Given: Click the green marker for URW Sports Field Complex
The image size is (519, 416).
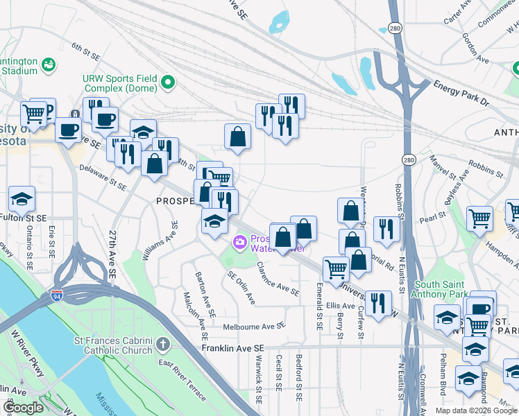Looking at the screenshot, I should point(167,84).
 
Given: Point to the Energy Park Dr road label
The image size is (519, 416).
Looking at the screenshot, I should point(461,93).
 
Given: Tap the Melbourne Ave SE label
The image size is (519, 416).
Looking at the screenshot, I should point(254,326).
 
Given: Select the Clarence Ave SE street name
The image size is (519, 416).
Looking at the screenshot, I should point(278,278).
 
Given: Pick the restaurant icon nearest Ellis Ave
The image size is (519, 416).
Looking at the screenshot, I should point(377,303).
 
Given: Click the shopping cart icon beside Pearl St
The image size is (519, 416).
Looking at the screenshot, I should point(479,219).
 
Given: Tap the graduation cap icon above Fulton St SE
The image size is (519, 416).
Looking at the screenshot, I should point(22,199).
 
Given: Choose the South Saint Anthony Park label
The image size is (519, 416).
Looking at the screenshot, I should point(444,290).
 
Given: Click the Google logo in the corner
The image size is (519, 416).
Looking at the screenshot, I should point(24,408).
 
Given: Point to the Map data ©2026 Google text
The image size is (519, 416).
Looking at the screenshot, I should point(476,410).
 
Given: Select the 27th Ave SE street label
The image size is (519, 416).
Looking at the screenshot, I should point(112,255).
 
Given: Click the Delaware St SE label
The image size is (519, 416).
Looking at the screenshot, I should point(103,177).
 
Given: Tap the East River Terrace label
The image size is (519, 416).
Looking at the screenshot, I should point(182,380).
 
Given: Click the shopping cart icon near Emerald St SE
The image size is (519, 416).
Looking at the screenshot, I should point(336,269).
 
